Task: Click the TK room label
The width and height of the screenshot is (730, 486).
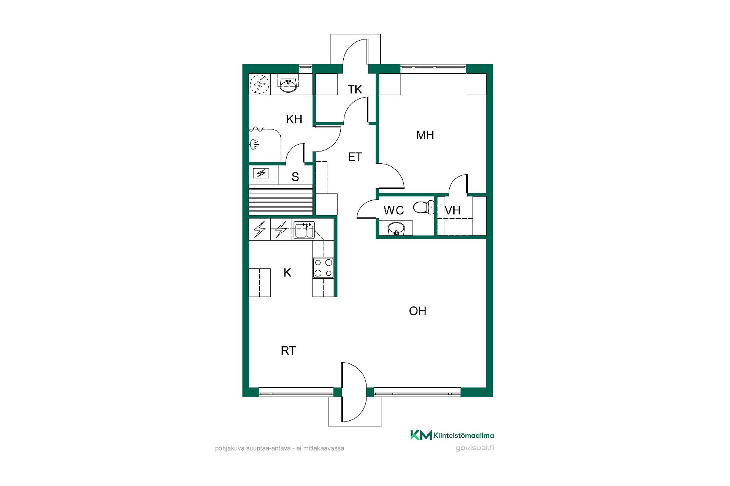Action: (x=355, y=90)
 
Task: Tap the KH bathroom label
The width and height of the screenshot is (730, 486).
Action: (x=294, y=119)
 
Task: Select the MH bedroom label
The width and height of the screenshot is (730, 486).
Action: (x=425, y=135)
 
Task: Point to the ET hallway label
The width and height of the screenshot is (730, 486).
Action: (x=355, y=157)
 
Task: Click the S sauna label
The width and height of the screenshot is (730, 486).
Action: (x=295, y=177)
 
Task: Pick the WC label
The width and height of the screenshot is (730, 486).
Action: (x=394, y=210)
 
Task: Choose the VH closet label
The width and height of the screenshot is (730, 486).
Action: (x=452, y=210)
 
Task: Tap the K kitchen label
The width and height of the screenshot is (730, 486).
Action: (x=287, y=273)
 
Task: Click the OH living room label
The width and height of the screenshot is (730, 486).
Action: (x=417, y=311)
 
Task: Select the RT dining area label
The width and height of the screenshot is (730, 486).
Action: (x=288, y=350)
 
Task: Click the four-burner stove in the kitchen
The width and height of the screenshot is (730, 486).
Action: (x=323, y=268)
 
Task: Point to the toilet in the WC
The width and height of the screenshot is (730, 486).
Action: (x=423, y=208)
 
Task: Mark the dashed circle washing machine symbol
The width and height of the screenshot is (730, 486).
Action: (x=260, y=84)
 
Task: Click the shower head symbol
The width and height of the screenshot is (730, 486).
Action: (x=254, y=144)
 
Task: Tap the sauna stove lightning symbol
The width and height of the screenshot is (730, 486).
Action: (x=261, y=174)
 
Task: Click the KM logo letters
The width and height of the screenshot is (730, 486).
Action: (x=421, y=435)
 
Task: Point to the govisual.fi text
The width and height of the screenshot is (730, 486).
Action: (x=474, y=448)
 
